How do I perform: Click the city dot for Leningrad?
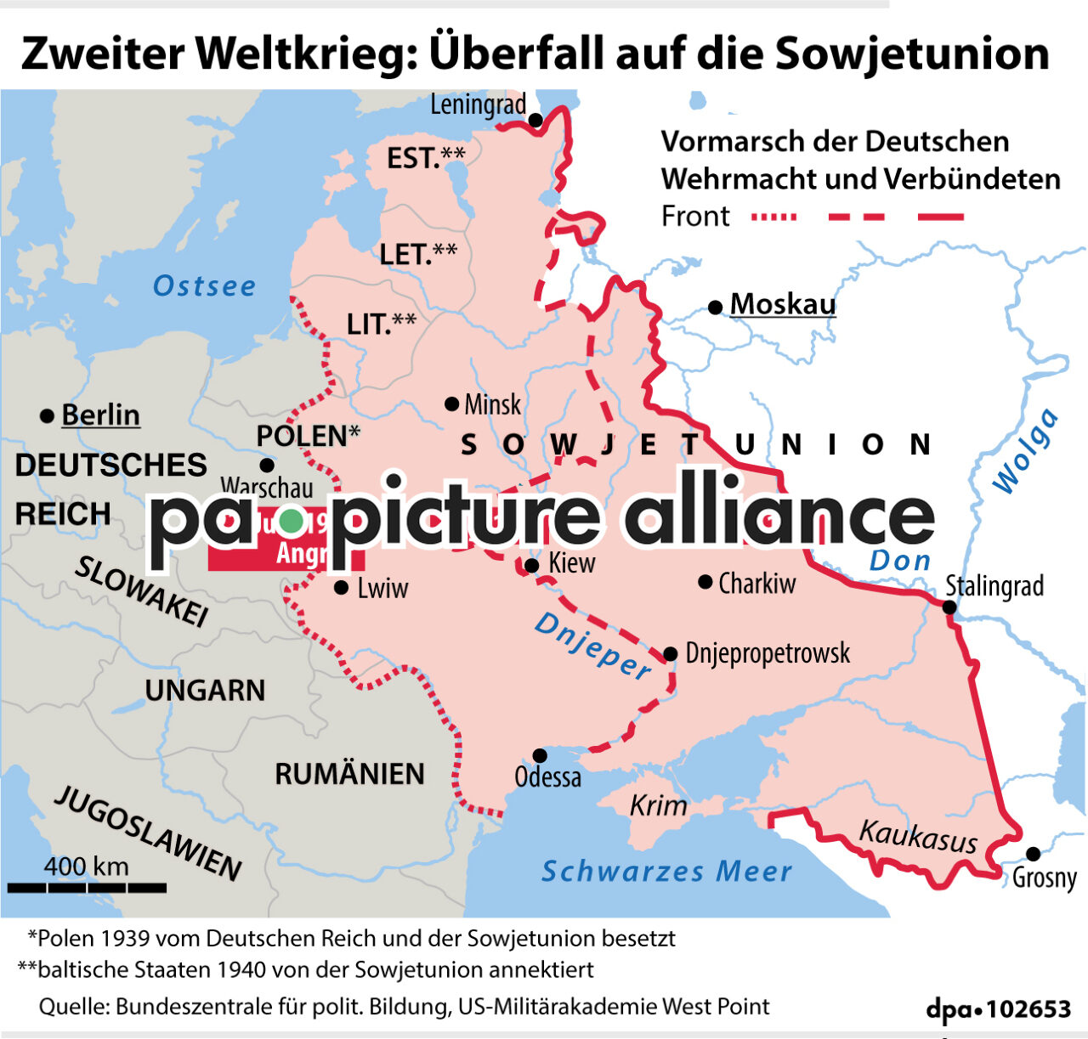(535, 120)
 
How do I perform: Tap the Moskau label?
(782, 304)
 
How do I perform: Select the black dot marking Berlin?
(47, 416)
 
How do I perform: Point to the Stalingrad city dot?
(949, 607)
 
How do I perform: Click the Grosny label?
(1044, 878)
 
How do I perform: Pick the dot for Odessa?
(540, 755)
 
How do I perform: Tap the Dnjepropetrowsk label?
(768, 653)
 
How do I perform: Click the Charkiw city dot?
(705, 582)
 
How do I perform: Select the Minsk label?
(492, 404)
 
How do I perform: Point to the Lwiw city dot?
(341, 587)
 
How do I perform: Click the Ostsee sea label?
(204, 286)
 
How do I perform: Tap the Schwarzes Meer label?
(667, 871)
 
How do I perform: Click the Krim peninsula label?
(658, 805)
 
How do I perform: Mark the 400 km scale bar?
(87, 887)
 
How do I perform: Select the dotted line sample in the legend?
(773, 217)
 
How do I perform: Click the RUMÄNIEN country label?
(349, 774)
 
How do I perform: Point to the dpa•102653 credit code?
(998, 1008)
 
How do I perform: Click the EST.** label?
(426, 157)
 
